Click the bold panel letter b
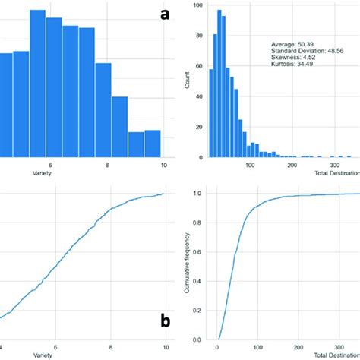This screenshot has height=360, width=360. (165, 322)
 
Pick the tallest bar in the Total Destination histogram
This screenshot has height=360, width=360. (219, 84)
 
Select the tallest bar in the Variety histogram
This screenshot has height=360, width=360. (37, 84)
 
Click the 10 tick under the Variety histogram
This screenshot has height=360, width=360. (163, 165)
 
